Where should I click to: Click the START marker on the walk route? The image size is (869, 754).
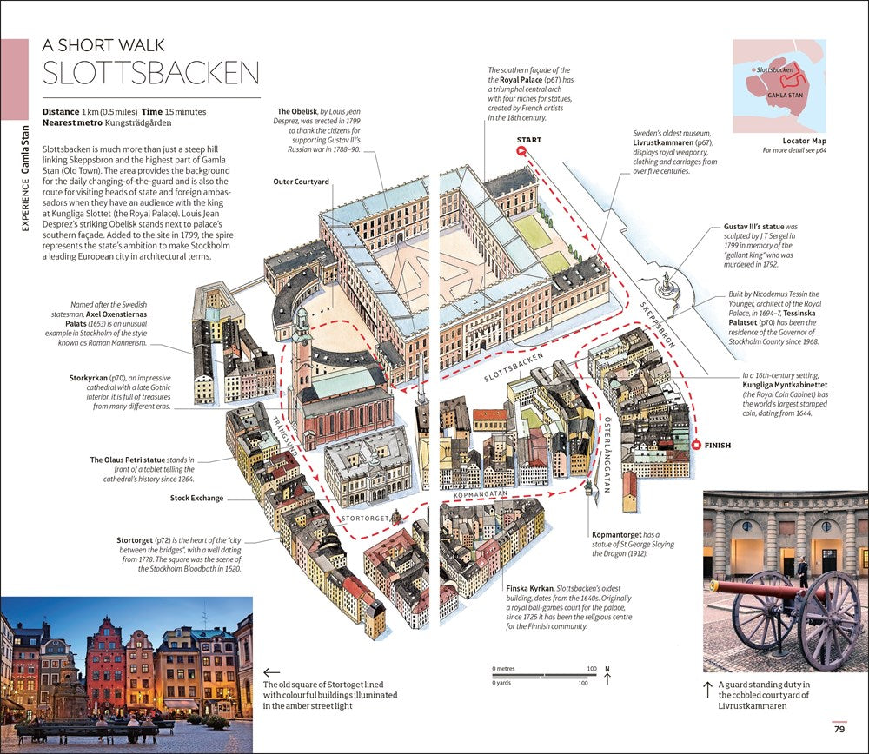click(521, 151)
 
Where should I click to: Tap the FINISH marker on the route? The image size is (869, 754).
click(696, 446)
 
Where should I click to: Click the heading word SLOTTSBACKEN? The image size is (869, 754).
click(151, 73)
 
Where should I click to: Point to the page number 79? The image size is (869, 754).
click(839, 730)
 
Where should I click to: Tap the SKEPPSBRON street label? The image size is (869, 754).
click(658, 324)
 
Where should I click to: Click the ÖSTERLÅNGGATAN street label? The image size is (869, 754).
click(606, 461)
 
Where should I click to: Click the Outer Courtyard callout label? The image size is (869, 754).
click(301, 182)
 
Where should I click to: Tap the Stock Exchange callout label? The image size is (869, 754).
click(196, 498)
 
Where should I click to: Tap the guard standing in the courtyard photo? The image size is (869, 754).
click(802, 572)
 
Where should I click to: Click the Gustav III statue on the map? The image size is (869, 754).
click(667, 283)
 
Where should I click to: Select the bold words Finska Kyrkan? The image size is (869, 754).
click(529, 588)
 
